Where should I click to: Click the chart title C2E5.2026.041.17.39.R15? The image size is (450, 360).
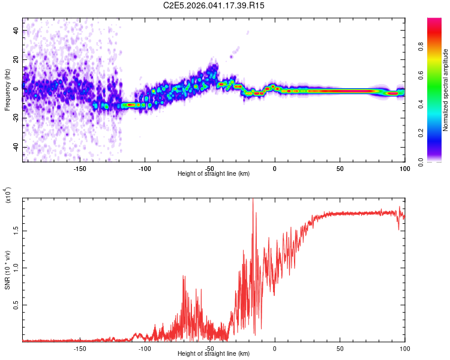[214, 5]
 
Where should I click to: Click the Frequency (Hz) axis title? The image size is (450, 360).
[8, 90]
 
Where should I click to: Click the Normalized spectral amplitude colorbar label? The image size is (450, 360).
[445, 90]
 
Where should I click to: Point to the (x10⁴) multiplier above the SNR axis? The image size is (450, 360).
[8, 196]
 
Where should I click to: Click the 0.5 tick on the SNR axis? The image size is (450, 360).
[14, 305]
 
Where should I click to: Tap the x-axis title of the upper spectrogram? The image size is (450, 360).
[214, 173]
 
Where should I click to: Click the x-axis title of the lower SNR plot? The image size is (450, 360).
[214, 353]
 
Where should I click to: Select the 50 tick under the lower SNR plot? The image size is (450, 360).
[340, 348]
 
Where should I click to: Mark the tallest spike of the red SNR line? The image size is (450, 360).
[253, 200]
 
